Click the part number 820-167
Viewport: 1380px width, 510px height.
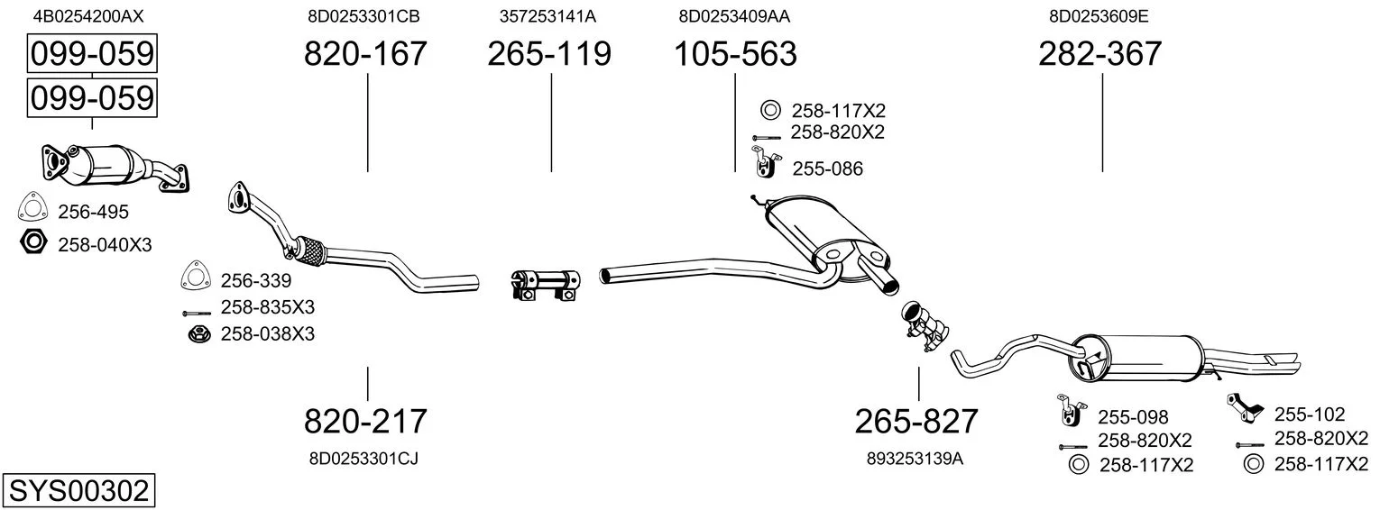365,53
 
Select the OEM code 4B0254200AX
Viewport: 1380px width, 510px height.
88,16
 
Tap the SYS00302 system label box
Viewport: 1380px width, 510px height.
78,491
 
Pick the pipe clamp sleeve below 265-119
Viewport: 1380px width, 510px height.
546,286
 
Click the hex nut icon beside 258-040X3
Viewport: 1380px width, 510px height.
33,242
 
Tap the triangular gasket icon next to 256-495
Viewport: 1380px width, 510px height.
32,206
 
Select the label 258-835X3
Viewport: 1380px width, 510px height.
267,307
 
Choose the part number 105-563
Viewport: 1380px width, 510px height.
736,53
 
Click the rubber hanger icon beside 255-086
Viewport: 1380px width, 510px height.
766,162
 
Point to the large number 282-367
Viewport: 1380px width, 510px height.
1099,53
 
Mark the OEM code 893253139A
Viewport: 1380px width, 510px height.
915,459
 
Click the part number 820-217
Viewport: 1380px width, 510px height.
365,421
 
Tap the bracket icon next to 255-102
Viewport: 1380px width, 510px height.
1245,408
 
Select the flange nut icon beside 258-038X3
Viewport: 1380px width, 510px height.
199,334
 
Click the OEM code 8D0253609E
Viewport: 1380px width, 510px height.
1099,16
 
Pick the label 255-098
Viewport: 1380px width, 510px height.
1133,418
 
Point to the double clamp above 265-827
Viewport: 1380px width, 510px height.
925,326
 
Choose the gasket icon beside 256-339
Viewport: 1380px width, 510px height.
196,276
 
